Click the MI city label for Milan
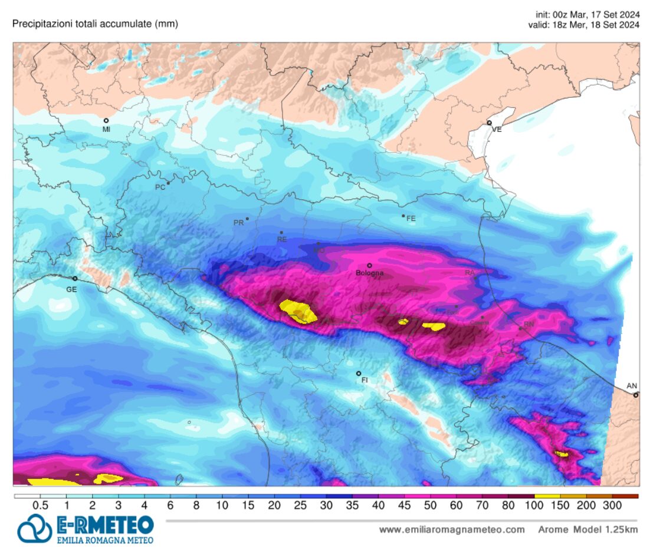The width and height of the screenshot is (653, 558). pyautogui.click(x=106, y=129)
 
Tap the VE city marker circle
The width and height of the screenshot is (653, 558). pyautogui.click(x=490, y=123)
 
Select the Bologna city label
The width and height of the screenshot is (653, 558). pyautogui.click(x=370, y=273)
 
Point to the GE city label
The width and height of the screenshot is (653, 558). pyautogui.click(x=71, y=289)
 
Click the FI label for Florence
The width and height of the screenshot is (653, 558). pyautogui.click(x=364, y=381)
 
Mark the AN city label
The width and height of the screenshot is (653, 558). pyautogui.click(x=632, y=386)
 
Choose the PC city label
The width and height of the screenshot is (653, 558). pyautogui.click(x=159, y=187)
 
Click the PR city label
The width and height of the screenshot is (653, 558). pyautogui.click(x=238, y=223)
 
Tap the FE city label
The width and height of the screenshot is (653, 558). pyautogui.click(x=411, y=219)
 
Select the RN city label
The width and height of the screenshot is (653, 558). pyautogui.click(x=529, y=324)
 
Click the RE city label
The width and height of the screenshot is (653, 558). pyautogui.click(x=282, y=240)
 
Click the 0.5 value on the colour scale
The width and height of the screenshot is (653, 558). pyautogui.click(x=40, y=506)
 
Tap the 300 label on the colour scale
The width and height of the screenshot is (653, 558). pyautogui.click(x=612, y=506)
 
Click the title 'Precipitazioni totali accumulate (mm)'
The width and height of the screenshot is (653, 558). pyautogui.click(x=95, y=24)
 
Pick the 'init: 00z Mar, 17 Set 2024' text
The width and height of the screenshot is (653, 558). pyautogui.click(x=588, y=14)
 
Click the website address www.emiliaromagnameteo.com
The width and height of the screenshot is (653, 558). pyautogui.click(x=452, y=530)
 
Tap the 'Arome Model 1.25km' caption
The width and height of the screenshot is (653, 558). pyautogui.click(x=588, y=530)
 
